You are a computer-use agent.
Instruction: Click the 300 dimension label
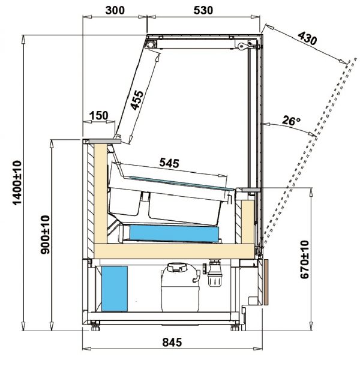click(x=115, y=10)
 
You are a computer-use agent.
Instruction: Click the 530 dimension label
click(x=203, y=10)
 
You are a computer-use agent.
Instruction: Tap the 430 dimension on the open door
click(x=307, y=38)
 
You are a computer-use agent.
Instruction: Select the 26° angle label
click(x=291, y=121)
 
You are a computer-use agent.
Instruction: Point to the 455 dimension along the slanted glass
click(x=137, y=100)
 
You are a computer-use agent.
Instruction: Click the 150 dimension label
click(x=99, y=116)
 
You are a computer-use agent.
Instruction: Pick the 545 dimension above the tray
click(x=169, y=163)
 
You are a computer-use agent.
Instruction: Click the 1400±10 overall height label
click(x=17, y=183)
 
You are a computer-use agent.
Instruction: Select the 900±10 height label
click(x=45, y=235)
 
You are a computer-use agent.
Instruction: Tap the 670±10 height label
click(x=305, y=259)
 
